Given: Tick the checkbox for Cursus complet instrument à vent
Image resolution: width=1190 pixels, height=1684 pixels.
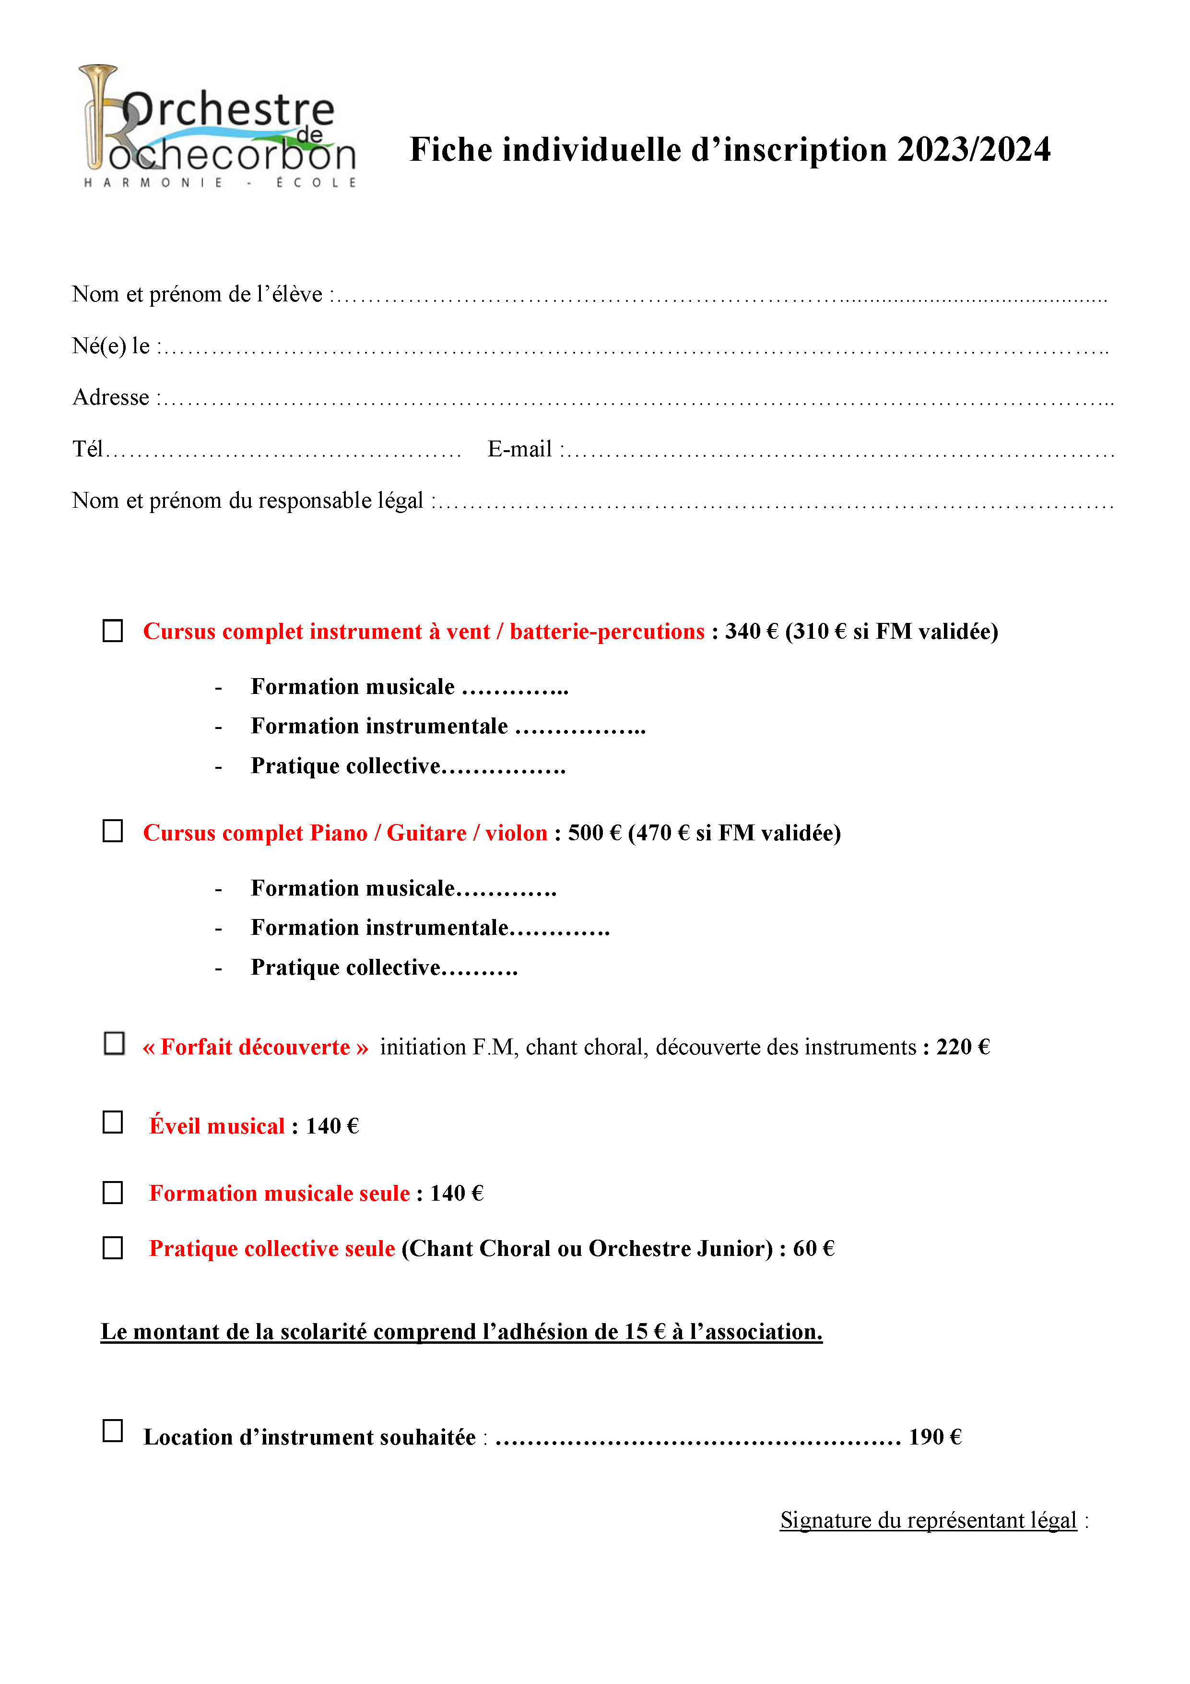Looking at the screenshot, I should click(x=113, y=631).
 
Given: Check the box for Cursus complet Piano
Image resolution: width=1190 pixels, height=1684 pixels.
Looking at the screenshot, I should click(x=113, y=831).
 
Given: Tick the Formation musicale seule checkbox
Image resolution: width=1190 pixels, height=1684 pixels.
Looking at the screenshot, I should click(x=113, y=1193).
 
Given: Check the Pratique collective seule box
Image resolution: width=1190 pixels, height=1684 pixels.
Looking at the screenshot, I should click(x=113, y=1248).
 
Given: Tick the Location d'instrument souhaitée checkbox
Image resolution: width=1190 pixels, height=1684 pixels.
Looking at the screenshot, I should click(x=113, y=1431).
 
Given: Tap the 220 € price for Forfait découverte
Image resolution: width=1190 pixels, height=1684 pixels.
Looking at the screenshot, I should click(x=963, y=1047).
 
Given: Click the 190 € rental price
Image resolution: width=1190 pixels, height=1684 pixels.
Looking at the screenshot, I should click(x=935, y=1437).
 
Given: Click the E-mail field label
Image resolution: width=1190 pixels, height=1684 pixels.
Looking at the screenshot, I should click(x=520, y=449).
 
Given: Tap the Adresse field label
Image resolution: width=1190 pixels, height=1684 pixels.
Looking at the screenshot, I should click(x=111, y=397).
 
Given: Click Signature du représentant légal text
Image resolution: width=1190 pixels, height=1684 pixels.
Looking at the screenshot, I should click(x=928, y=1520).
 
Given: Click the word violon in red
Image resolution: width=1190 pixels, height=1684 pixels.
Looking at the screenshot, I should click(x=516, y=833).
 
